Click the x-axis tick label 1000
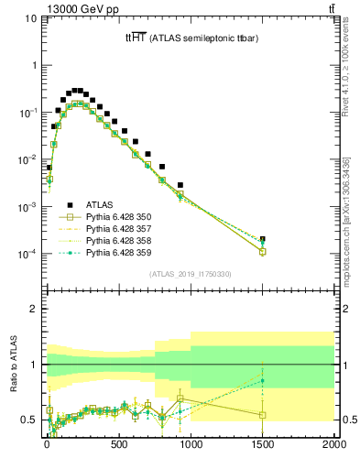[191, 446]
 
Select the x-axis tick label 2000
[334, 446]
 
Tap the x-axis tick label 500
[118, 446]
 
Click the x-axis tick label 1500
[263, 446]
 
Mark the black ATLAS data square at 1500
[263, 239]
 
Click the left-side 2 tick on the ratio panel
[31, 309]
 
